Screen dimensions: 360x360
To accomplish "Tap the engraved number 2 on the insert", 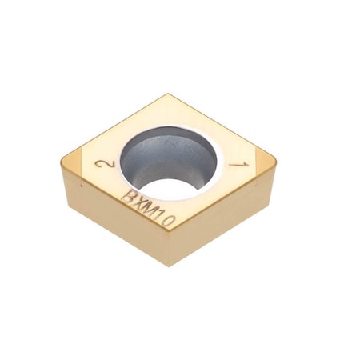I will tap(102, 166).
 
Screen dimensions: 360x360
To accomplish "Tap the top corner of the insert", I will tap(167, 95).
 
